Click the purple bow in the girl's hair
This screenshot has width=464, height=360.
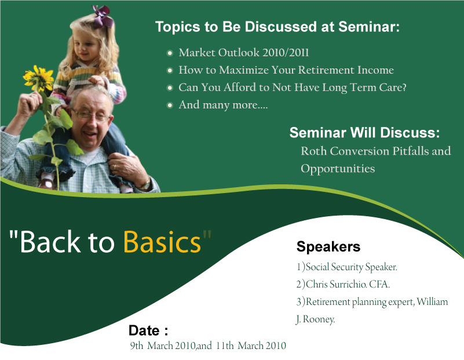(x=103, y=16)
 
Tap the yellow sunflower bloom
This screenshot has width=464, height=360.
(x=38, y=78)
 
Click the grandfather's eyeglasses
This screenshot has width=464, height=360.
(x=90, y=115)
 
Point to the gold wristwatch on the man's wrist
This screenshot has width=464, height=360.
(x=145, y=184)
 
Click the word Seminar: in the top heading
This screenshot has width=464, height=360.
(x=369, y=27)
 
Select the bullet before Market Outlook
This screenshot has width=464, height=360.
(x=170, y=53)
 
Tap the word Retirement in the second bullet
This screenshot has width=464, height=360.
(x=326, y=70)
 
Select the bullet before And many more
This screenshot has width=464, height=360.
(x=170, y=105)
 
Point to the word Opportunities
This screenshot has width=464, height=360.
(x=338, y=169)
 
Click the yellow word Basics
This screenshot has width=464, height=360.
(x=162, y=242)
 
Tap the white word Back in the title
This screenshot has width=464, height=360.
(x=50, y=242)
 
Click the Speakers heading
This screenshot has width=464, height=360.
(x=328, y=246)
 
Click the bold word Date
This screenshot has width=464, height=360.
(x=144, y=330)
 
